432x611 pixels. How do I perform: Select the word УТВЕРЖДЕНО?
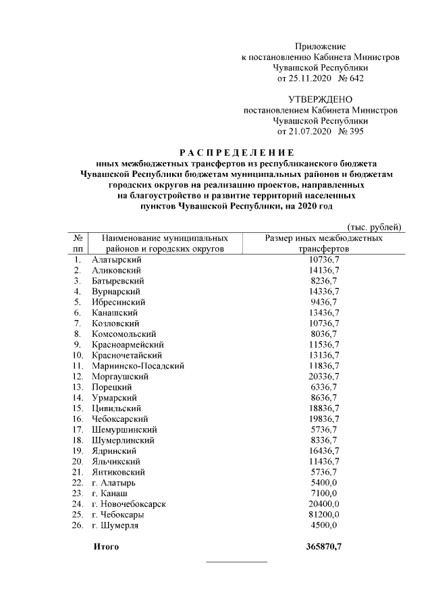pyautogui.click(x=320, y=99)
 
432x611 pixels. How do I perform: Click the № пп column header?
pyautogui.click(x=78, y=244)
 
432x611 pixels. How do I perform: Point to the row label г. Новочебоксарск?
pyautogui.click(x=128, y=504)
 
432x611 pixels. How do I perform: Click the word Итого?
pyautogui.click(x=105, y=546)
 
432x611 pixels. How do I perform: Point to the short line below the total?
pyautogui.click(x=236, y=562)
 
